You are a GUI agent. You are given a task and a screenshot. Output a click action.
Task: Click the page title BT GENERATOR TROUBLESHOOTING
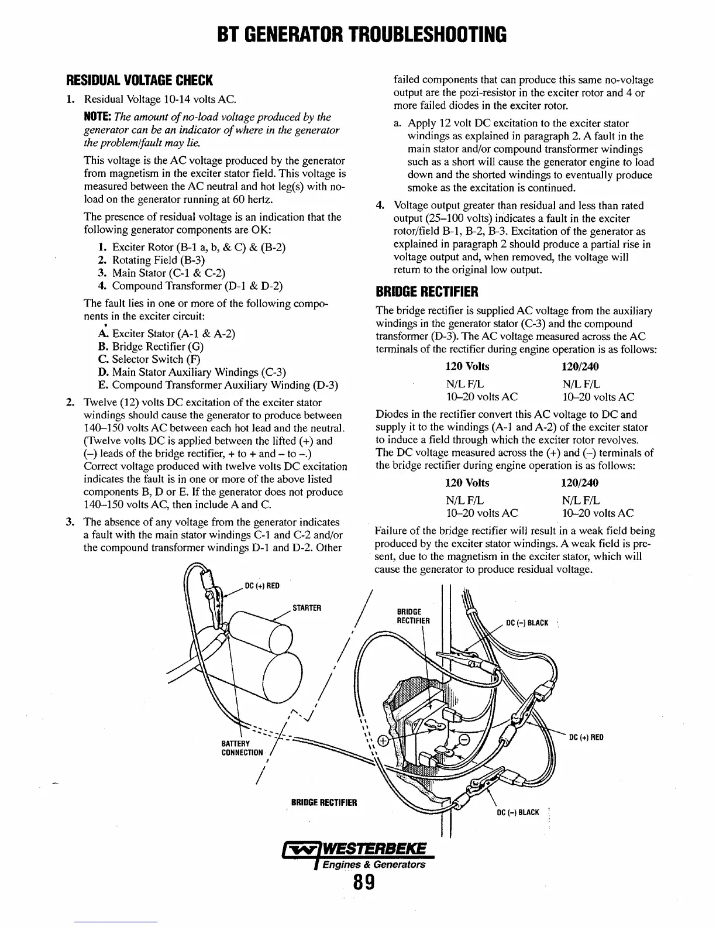[358, 35]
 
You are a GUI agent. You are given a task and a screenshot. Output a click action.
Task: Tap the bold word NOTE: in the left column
[97, 118]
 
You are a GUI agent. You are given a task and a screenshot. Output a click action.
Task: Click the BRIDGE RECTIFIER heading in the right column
[427, 291]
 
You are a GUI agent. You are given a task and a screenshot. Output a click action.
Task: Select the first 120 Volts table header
[467, 367]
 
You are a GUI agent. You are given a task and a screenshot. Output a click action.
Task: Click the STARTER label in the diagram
[307, 607]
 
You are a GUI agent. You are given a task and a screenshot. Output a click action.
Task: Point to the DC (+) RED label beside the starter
[261, 586]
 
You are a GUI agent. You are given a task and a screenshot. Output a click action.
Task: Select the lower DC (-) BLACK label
[518, 813]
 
